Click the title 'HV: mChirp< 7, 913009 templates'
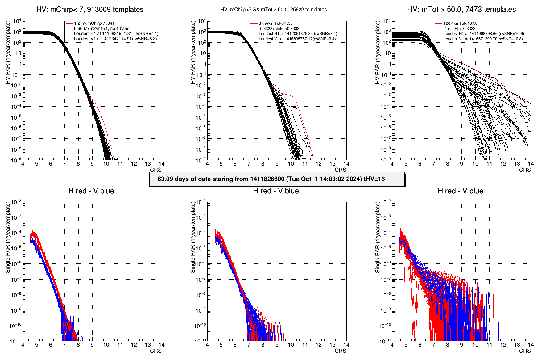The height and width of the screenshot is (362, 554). (90, 10)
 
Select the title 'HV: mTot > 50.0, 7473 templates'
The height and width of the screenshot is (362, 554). (461, 10)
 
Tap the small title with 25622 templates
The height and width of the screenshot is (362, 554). (274, 10)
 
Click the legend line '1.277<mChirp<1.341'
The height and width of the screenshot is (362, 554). (94, 23)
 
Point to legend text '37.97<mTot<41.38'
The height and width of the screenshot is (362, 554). (275, 23)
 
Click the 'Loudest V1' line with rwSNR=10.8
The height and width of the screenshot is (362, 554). (483, 39)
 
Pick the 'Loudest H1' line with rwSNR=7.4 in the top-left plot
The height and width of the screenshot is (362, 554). (116, 34)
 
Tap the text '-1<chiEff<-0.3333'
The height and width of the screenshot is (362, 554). (459, 29)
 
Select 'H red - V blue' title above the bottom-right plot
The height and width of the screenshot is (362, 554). (460, 191)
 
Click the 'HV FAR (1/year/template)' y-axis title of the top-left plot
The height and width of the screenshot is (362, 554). (8, 52)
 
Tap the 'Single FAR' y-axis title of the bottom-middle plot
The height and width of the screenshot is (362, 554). (193, 237)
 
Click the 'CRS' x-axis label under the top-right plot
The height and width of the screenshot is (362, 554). (525, 170)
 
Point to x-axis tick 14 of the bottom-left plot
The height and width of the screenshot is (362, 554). (162, 345)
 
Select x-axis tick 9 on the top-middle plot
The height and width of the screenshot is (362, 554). (277, 164)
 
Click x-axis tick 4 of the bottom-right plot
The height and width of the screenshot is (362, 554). (392, 345)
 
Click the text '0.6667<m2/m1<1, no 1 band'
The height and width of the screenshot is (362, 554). (101, 29)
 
